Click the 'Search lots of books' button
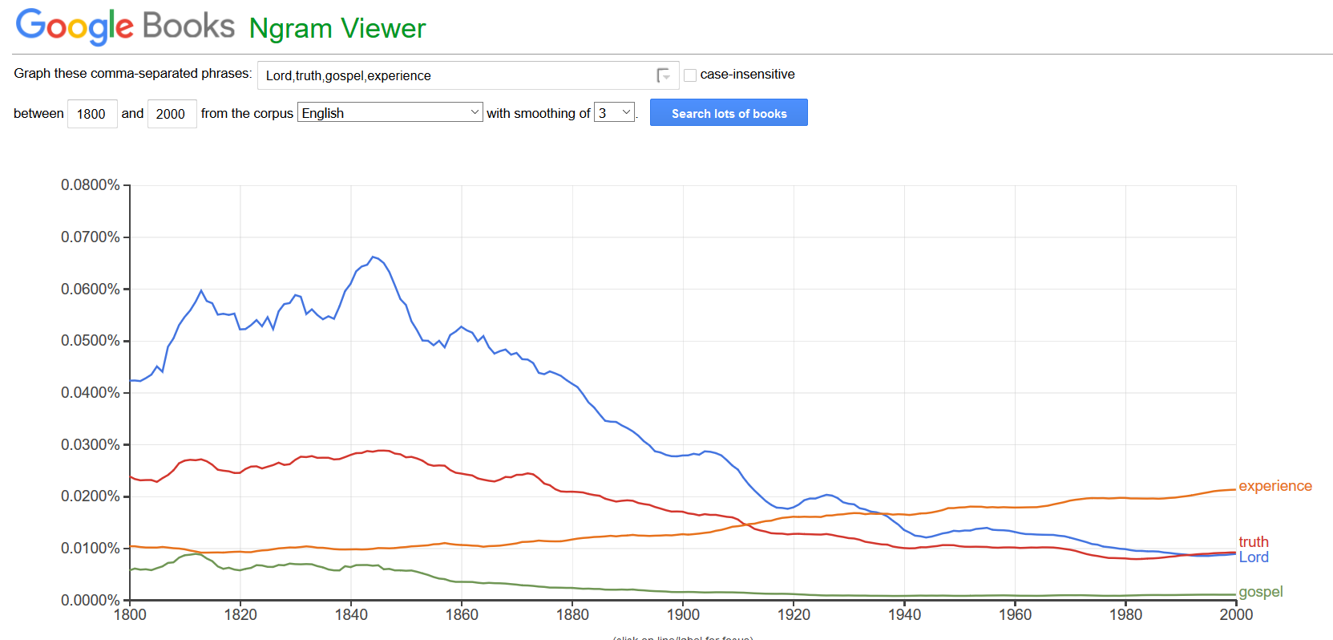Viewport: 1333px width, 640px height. (728, 113)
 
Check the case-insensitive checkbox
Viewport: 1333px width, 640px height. (690, 75)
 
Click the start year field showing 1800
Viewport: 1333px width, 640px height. (92, 114)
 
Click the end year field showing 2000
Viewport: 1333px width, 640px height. (172, 114)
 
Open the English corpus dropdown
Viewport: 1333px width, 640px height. (390, 113)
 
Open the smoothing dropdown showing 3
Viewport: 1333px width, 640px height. (614, 113)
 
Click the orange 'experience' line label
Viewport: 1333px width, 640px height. (1274, 486)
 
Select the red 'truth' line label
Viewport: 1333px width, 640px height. (1253, 542)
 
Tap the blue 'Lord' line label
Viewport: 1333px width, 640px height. (1253, 557)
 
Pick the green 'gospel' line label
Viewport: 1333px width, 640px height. (1260, 592)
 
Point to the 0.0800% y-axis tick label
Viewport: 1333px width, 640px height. (90, 185)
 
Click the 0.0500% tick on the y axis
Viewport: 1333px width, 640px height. (90, 341)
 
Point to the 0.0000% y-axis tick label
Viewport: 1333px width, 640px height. (90, 600)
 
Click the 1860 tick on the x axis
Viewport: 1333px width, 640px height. (462, 615)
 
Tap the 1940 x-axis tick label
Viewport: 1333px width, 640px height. (904, 615)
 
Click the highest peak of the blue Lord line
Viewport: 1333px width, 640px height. (373, 257)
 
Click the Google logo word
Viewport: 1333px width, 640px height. (75, 26)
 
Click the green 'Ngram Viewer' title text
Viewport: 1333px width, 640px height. (337, 29)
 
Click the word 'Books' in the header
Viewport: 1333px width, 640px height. (188, 26)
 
